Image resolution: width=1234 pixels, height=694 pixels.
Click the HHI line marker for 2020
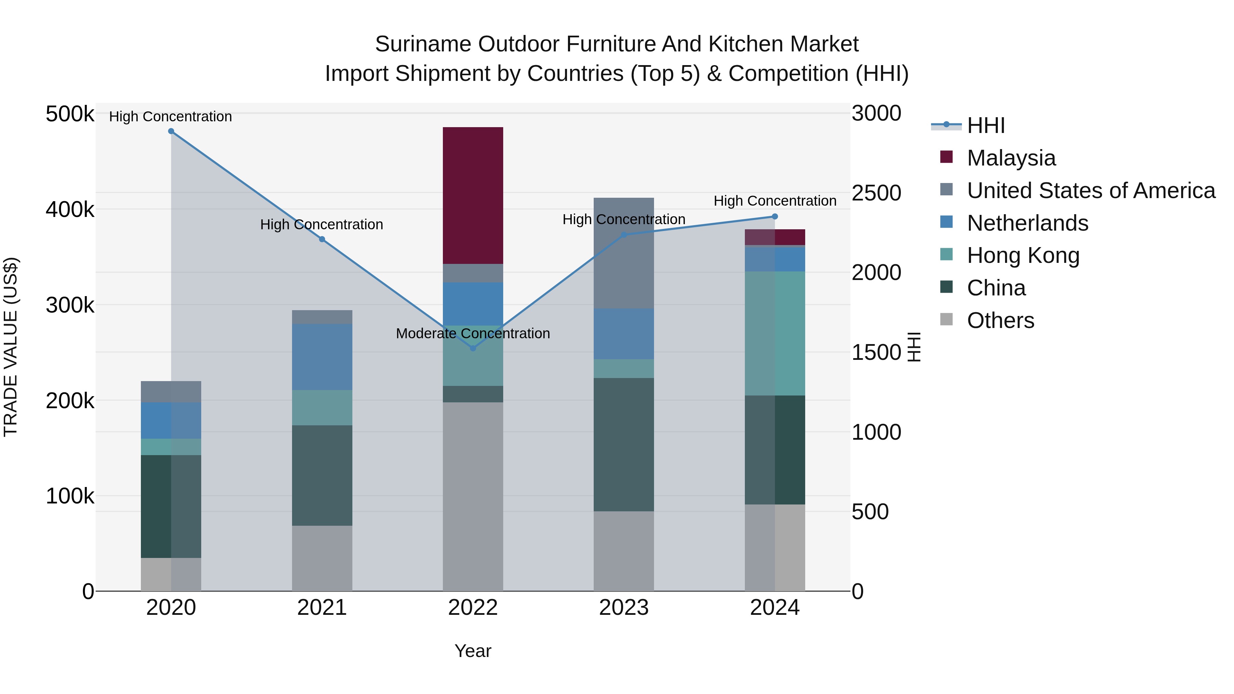(171, 131)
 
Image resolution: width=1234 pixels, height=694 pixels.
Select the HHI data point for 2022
(473, 348)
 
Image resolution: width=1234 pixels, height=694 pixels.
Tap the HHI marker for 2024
(775, 217)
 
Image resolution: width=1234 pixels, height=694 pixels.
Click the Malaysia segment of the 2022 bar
(473, 195)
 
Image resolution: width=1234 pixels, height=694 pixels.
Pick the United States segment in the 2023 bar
(624, 253)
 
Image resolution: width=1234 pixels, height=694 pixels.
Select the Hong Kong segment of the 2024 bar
(775, 333)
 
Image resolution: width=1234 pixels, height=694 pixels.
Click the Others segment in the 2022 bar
(473, 496)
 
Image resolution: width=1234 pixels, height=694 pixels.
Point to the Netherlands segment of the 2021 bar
(322, 357)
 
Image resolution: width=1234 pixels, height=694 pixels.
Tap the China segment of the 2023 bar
(624, 445)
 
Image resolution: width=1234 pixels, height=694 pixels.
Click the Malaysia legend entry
(1011, 158)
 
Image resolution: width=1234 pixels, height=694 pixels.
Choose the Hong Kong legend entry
(1023, 255)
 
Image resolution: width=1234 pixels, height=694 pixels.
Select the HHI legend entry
(985, 125)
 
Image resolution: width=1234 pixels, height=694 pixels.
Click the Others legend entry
(1000, 320)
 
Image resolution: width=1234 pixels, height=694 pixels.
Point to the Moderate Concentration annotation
(473, 333)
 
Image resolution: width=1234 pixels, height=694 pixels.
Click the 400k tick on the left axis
(70, 210)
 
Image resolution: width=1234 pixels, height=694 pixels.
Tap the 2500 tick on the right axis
(876, 193)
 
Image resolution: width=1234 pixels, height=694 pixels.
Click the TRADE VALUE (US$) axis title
(11, 347)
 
